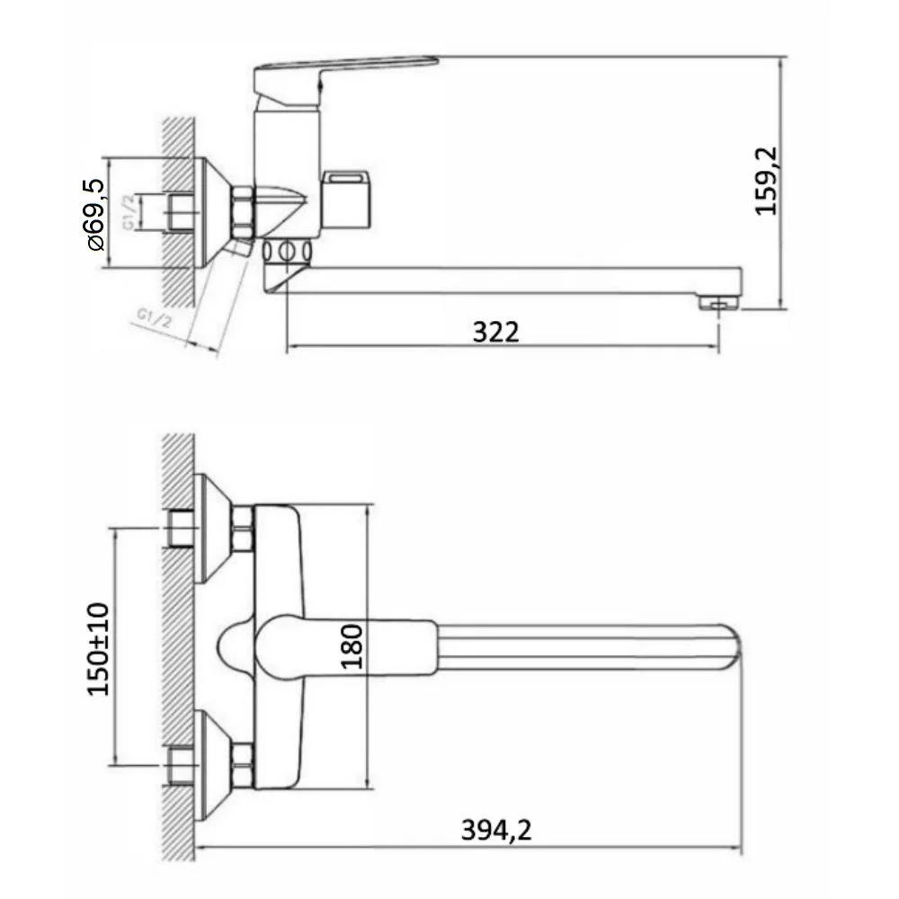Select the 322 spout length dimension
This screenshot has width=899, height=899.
(496, 332)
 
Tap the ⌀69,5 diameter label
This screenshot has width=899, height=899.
(95, 215)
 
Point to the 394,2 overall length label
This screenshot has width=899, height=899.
(496, 830)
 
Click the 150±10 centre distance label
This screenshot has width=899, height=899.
(97, 649)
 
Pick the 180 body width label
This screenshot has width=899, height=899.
(352, 646)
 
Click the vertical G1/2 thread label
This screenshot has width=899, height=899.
(130, 211)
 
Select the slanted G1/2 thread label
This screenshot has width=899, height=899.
(154, 318)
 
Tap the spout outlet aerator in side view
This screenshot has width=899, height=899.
(719, 303)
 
